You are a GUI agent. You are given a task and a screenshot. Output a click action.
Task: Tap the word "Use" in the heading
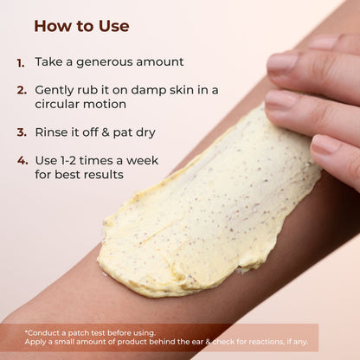click(x=114, y=26)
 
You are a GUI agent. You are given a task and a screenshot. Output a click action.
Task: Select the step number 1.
click(x=21, y=63)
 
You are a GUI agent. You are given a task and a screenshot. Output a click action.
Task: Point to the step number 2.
click(x=22, y=90)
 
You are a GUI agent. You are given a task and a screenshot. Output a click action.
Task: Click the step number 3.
click(x=22, y=132)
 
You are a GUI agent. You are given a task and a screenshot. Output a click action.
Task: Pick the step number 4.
click(x=22, y=160)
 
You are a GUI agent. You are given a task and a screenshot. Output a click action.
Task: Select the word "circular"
click(x=57, y=104)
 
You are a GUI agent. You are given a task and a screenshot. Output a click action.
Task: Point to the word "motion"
click(x=105, y=104)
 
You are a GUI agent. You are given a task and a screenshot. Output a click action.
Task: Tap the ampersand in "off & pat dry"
click(x=106, y=132)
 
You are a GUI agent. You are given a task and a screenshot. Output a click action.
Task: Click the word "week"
click(x=142, y=160)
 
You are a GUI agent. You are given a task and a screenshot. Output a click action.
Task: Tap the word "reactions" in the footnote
click(x=266, y=342)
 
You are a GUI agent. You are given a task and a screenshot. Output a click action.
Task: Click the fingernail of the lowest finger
click(x=325, y=144)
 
